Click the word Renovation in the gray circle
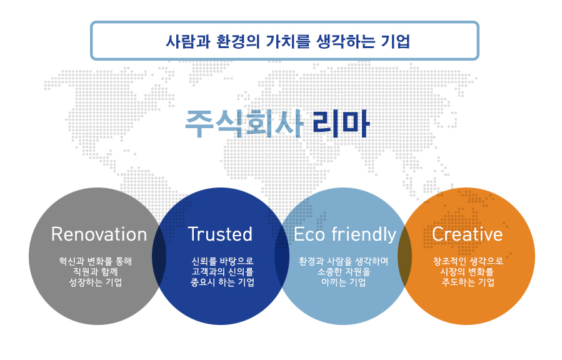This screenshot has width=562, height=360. click(x=99, y=234)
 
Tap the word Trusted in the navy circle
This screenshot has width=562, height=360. click(x=220, y=234)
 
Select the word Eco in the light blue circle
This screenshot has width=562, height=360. click(x=309, y=234)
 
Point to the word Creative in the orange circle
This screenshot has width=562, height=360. click(x=467, y=234)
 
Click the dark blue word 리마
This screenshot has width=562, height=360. click(x=341, y=124)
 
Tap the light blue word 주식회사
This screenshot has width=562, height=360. click(x=244, y=124)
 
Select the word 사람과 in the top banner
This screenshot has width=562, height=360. click(x=188, y=41)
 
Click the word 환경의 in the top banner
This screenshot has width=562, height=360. click(x=238, y=41)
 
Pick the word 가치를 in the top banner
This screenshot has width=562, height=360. click(x=288, y=41)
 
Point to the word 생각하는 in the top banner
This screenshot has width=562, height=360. click(x=345, y=41)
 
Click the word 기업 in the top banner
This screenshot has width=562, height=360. click(x=395, y=41)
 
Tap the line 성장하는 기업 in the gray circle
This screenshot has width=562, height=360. click(x=96, y=282)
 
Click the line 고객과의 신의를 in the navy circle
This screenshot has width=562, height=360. click(x=223, y=272)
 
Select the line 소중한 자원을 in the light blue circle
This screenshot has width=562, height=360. click(x=344, y=272)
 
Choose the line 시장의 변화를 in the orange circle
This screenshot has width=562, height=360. click(x=467, y=272)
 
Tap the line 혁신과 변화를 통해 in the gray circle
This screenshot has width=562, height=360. click(x=96, y=261)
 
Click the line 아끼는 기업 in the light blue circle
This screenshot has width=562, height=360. click(x=343, y=282)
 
